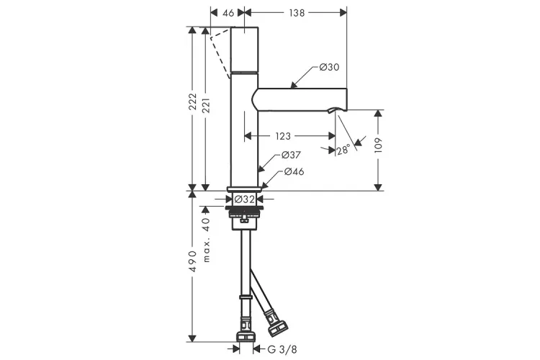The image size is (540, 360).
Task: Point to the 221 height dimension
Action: pos(207,108)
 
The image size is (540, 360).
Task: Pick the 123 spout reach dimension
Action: pos(282,135)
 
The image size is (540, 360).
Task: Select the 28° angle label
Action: pos(343,150)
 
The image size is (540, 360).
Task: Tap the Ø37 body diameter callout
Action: pos(290,155)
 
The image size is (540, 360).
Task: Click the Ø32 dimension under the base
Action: pos(246,199)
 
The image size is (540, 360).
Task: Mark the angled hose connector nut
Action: pos(274,321)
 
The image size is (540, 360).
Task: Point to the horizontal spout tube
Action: pos(302,97)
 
